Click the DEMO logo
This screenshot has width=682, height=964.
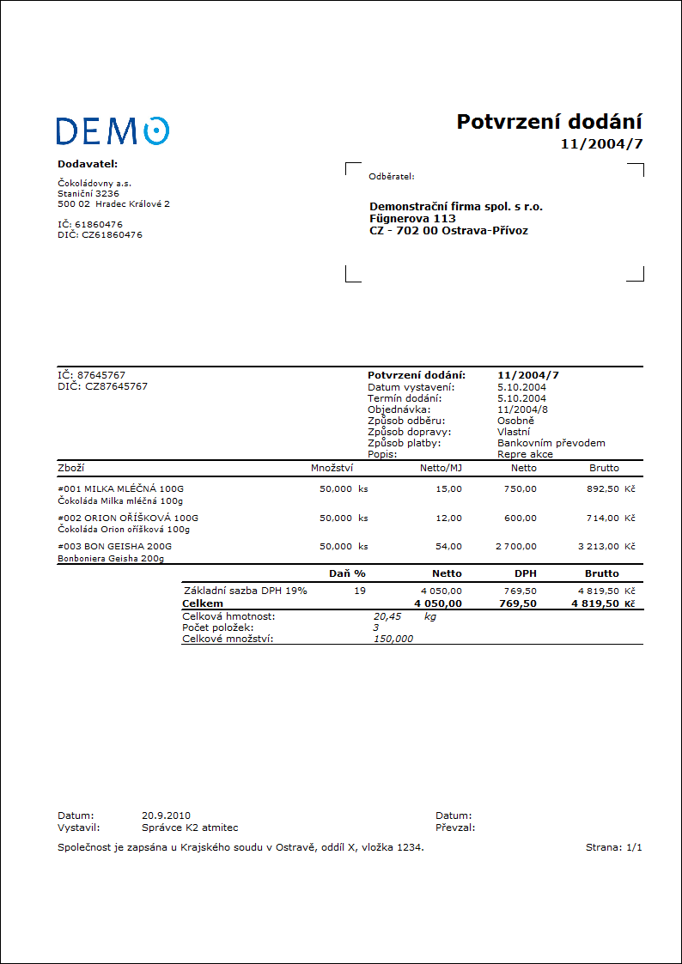coord(113,130)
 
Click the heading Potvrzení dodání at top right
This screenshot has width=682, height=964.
coord(549,122)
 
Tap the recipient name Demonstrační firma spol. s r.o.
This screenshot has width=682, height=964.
coord(456,206)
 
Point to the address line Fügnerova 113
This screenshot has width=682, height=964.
coord(412,218)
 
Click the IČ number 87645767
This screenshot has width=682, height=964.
coord(101,375)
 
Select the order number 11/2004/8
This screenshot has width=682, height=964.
coord(521,409)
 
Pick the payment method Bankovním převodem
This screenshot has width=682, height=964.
coord(551,443)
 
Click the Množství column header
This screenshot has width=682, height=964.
coord(332,468)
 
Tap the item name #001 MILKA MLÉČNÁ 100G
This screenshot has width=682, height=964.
coord(120,488)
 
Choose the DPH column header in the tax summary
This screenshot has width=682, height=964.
coord(526,573)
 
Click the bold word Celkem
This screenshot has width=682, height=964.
coord(203,603)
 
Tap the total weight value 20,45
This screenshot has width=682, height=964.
coord(387,616)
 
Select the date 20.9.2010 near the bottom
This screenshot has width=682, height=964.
coord(166,815)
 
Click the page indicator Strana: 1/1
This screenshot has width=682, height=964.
coord(613,847)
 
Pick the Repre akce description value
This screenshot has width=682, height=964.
coord(525,454)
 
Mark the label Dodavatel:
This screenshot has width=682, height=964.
coord(88,163)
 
